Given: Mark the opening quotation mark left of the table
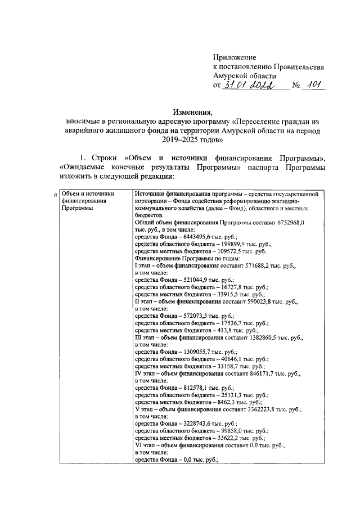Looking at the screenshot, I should pyautogui.click(x=55, y=195).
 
